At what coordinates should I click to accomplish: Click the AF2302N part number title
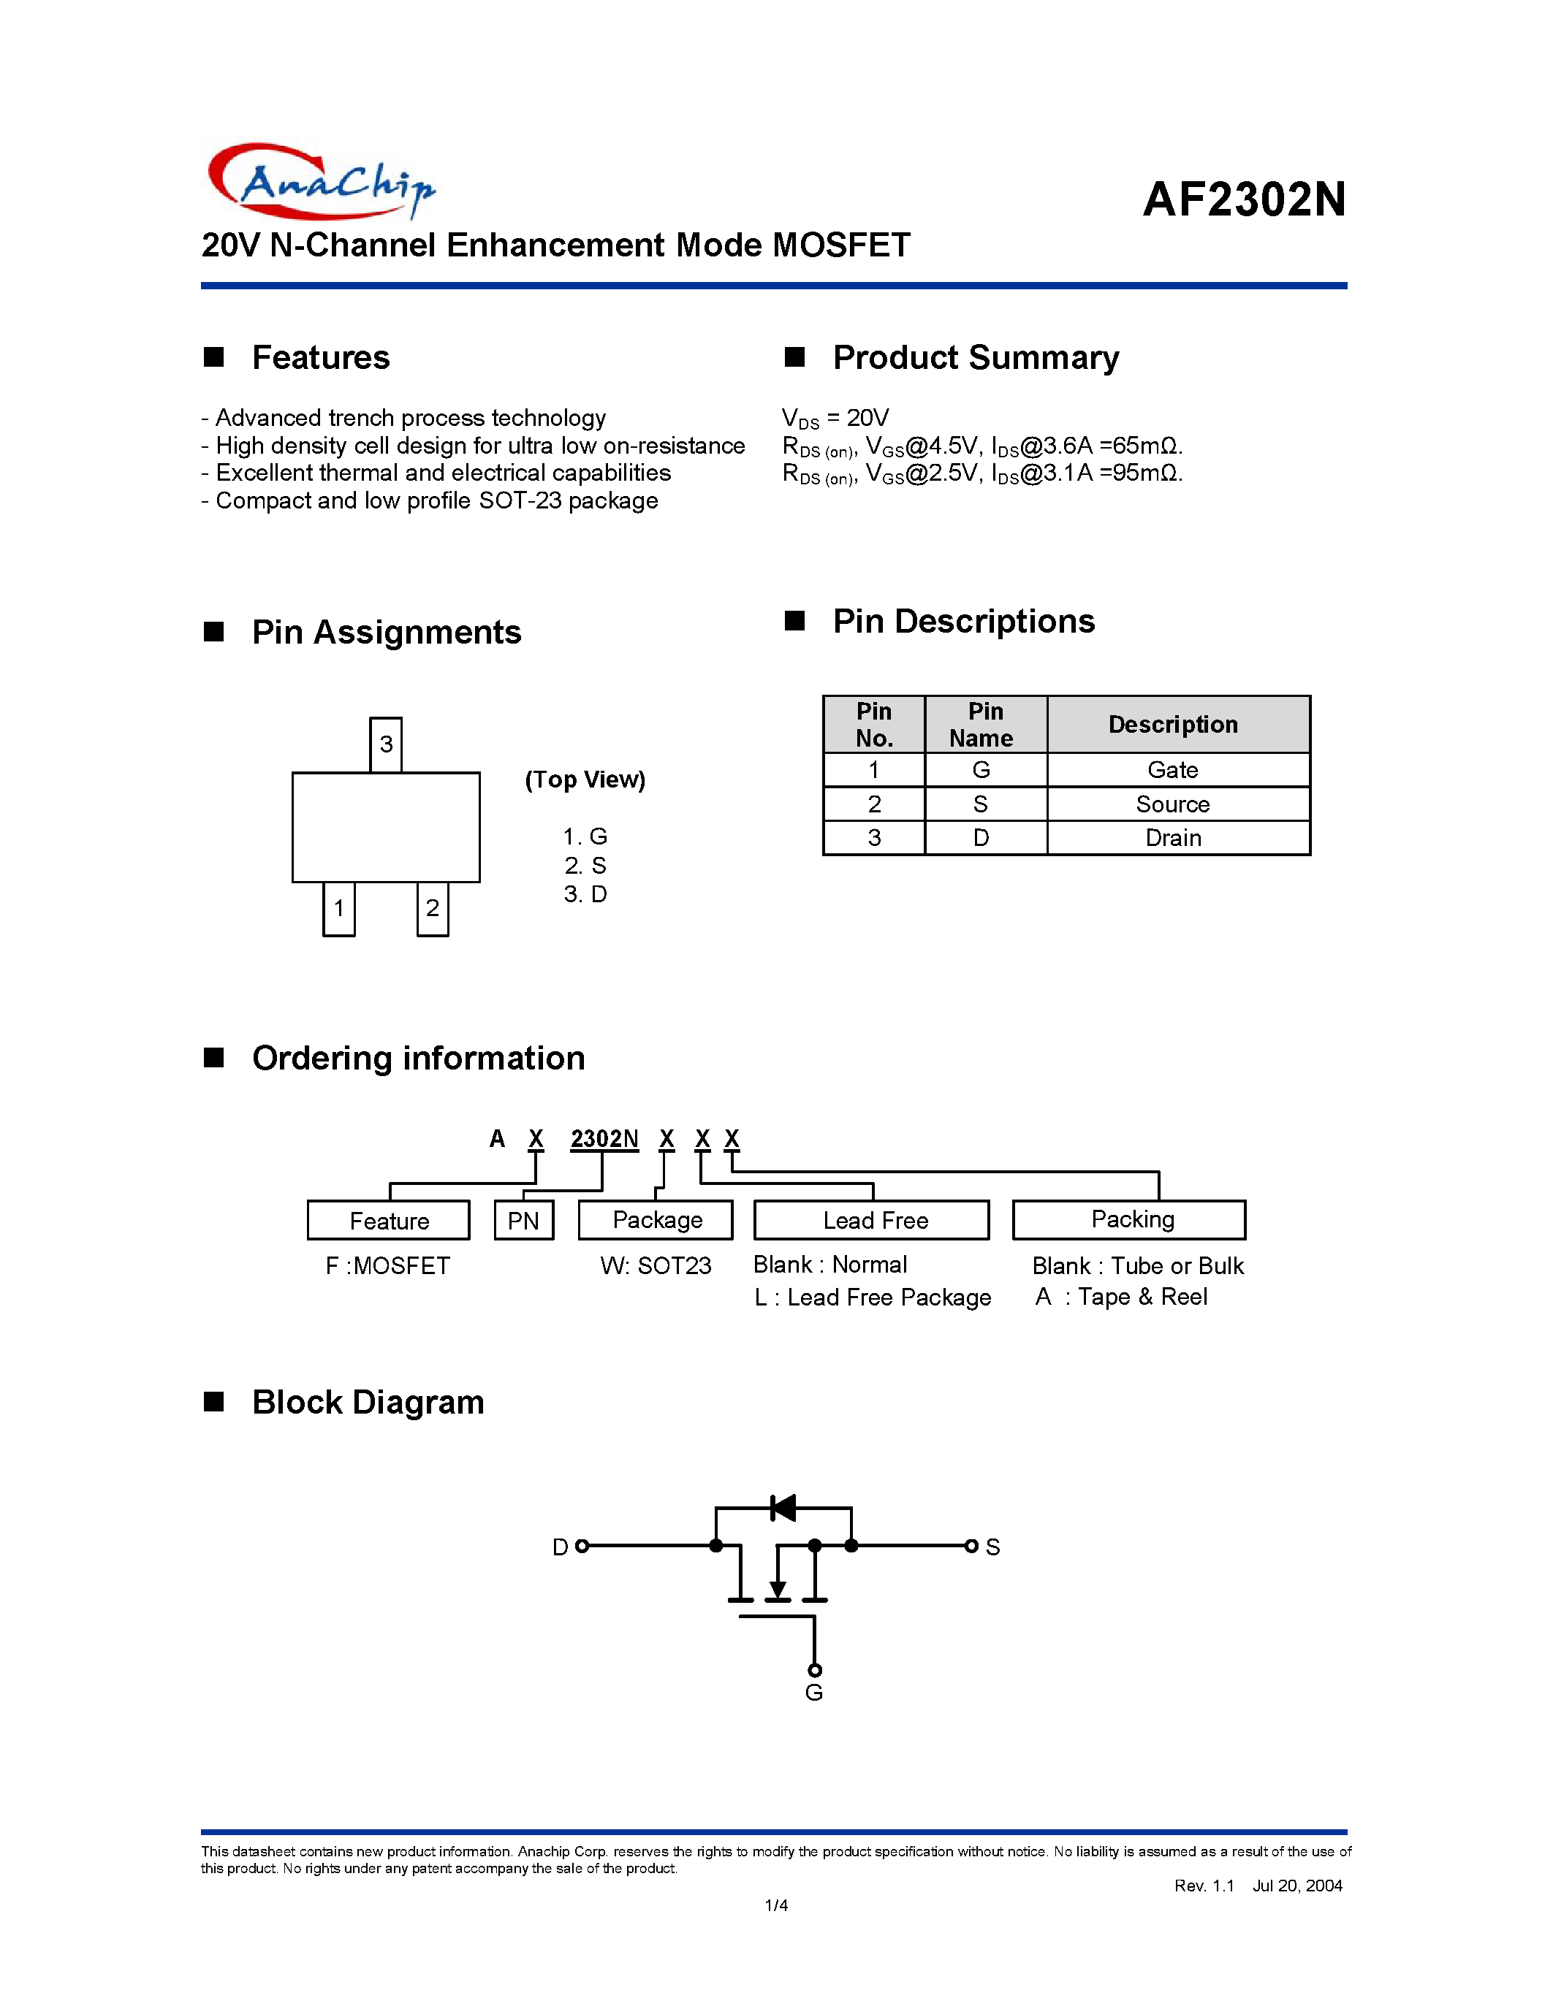1244,199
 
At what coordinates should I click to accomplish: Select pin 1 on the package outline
338,909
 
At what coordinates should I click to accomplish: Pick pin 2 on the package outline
433,909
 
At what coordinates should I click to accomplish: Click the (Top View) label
585,780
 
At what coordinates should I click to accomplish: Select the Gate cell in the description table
1173,770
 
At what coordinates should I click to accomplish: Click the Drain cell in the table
1173,838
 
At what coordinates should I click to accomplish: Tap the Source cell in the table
1173,804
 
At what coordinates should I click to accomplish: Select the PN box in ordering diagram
523,1221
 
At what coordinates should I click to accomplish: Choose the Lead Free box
874,1221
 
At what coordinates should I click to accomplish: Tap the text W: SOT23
656,1266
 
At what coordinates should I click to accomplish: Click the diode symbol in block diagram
783,1508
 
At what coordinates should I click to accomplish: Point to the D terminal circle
582,1547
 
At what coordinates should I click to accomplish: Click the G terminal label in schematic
813,1693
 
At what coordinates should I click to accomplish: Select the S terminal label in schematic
992,1547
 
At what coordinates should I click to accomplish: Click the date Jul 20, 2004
1297,1886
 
